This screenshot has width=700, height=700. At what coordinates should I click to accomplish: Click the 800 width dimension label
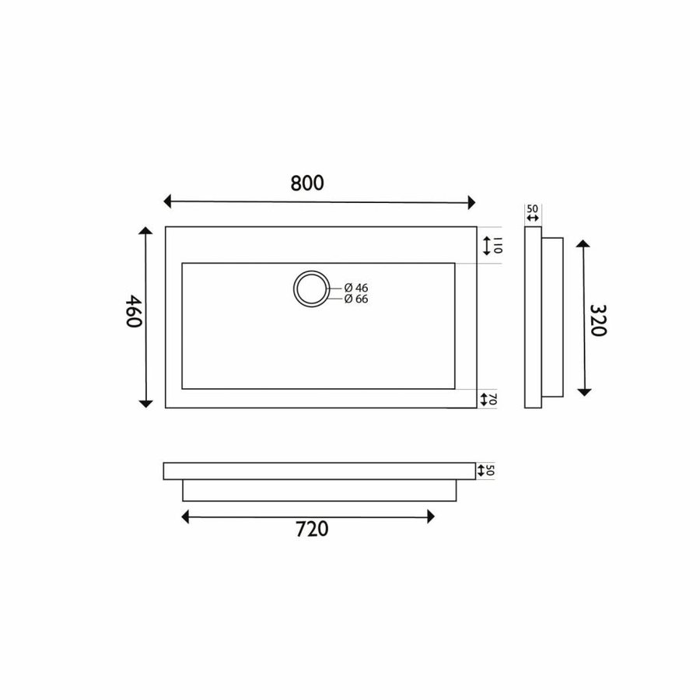(x=307, y=183)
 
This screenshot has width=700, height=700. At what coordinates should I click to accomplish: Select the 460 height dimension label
(x=134, y=311)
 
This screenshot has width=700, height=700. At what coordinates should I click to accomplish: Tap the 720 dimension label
(x=312, y=529)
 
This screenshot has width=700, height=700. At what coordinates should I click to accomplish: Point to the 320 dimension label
(x=597, y=320)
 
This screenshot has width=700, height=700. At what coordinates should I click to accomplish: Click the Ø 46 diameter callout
(x=355, y=288)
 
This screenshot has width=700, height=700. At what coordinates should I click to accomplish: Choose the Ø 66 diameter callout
(x=355, y=299)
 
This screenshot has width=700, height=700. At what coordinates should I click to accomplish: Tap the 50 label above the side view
(x=533, y=208)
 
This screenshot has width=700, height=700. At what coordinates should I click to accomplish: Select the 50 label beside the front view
(x=491, y=470)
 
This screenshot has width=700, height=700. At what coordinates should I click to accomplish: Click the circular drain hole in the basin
(x=312, y=288)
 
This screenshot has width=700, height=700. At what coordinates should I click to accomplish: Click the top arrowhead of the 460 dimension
(x=145, y=232)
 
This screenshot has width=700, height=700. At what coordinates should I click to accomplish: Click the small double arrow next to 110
(x=487, y=246)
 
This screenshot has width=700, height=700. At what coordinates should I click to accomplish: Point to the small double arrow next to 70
(x=485, y=399)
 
